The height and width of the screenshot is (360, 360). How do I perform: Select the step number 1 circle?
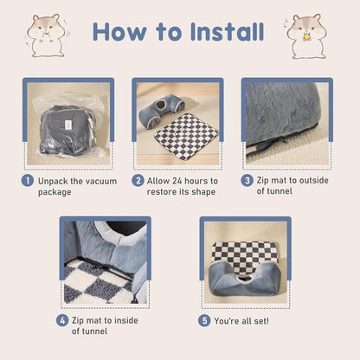(29, 181)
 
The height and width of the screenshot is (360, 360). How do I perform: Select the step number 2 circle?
(138, 181)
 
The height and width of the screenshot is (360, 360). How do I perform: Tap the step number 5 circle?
(204, 319)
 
